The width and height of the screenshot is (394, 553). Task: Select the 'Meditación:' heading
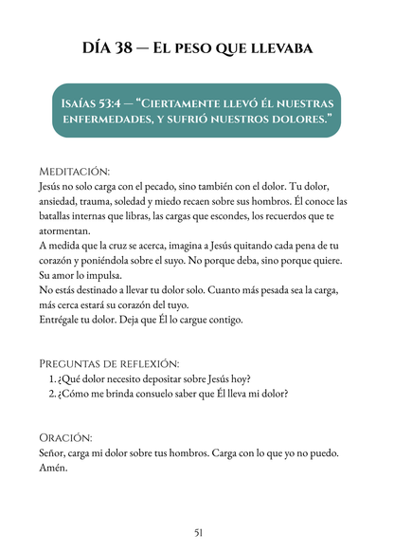75,172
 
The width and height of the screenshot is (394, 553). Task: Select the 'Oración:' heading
65,438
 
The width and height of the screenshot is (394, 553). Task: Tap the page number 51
197,532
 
